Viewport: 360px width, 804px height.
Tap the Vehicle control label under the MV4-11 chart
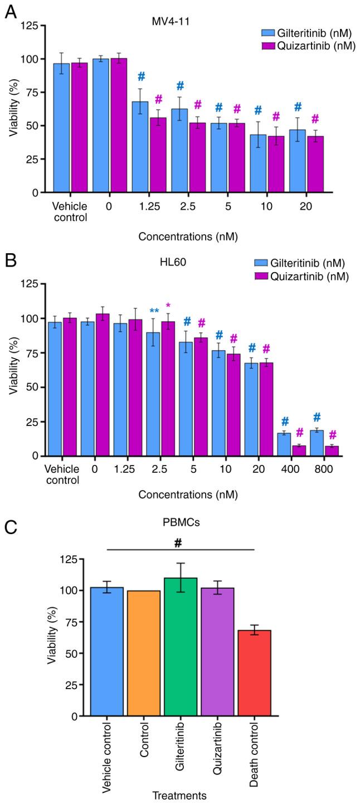pyautogui.click(x=69, y=212)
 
